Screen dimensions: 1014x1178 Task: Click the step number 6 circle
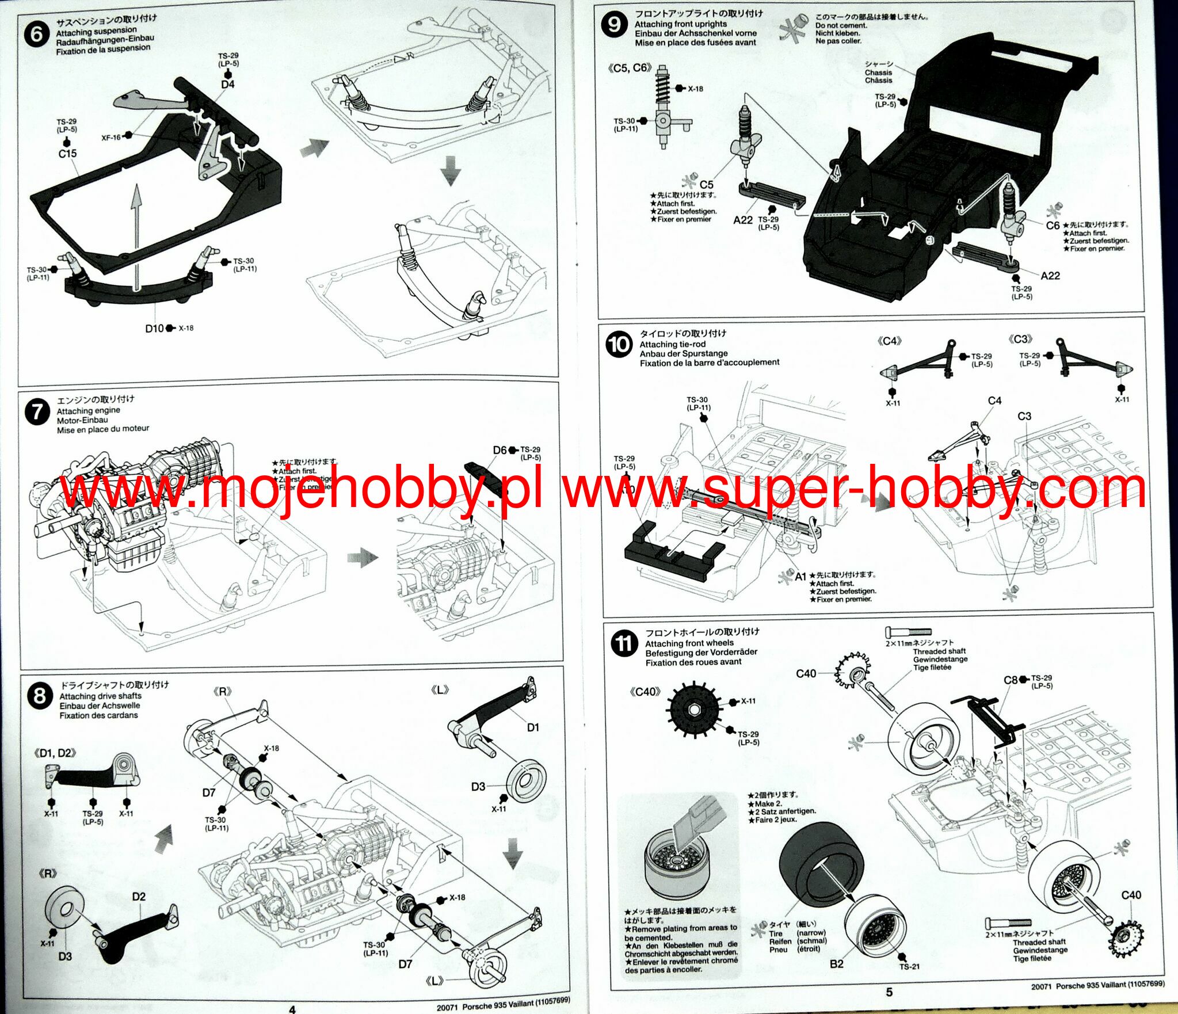(x=36, y=34)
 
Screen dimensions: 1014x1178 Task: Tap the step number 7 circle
(x=37, y=413)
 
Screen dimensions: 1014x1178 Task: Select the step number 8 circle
(x=39, y=696)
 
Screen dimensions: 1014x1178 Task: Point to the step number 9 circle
(x=614, y=25)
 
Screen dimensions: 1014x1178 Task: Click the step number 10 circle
(x=619, y=345)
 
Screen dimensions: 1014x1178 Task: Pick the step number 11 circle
(x=624, y=643)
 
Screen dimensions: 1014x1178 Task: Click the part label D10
(x=154, y=329)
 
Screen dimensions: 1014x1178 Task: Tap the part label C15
(x=67, y=154)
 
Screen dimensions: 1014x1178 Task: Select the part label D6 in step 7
(x=500, y=450)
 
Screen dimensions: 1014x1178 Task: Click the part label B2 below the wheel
(x=836, y=963)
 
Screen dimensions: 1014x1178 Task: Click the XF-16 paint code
(x=111, y=138)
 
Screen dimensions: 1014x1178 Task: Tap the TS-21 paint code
(x=909, y=966)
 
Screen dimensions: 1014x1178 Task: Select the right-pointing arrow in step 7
(x=363, y=556)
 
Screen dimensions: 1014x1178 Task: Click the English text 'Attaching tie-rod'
(x=672, y=344)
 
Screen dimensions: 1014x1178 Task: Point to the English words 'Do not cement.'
(x=841, y=25)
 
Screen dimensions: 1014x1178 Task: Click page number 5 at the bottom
(x=889, y=992)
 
